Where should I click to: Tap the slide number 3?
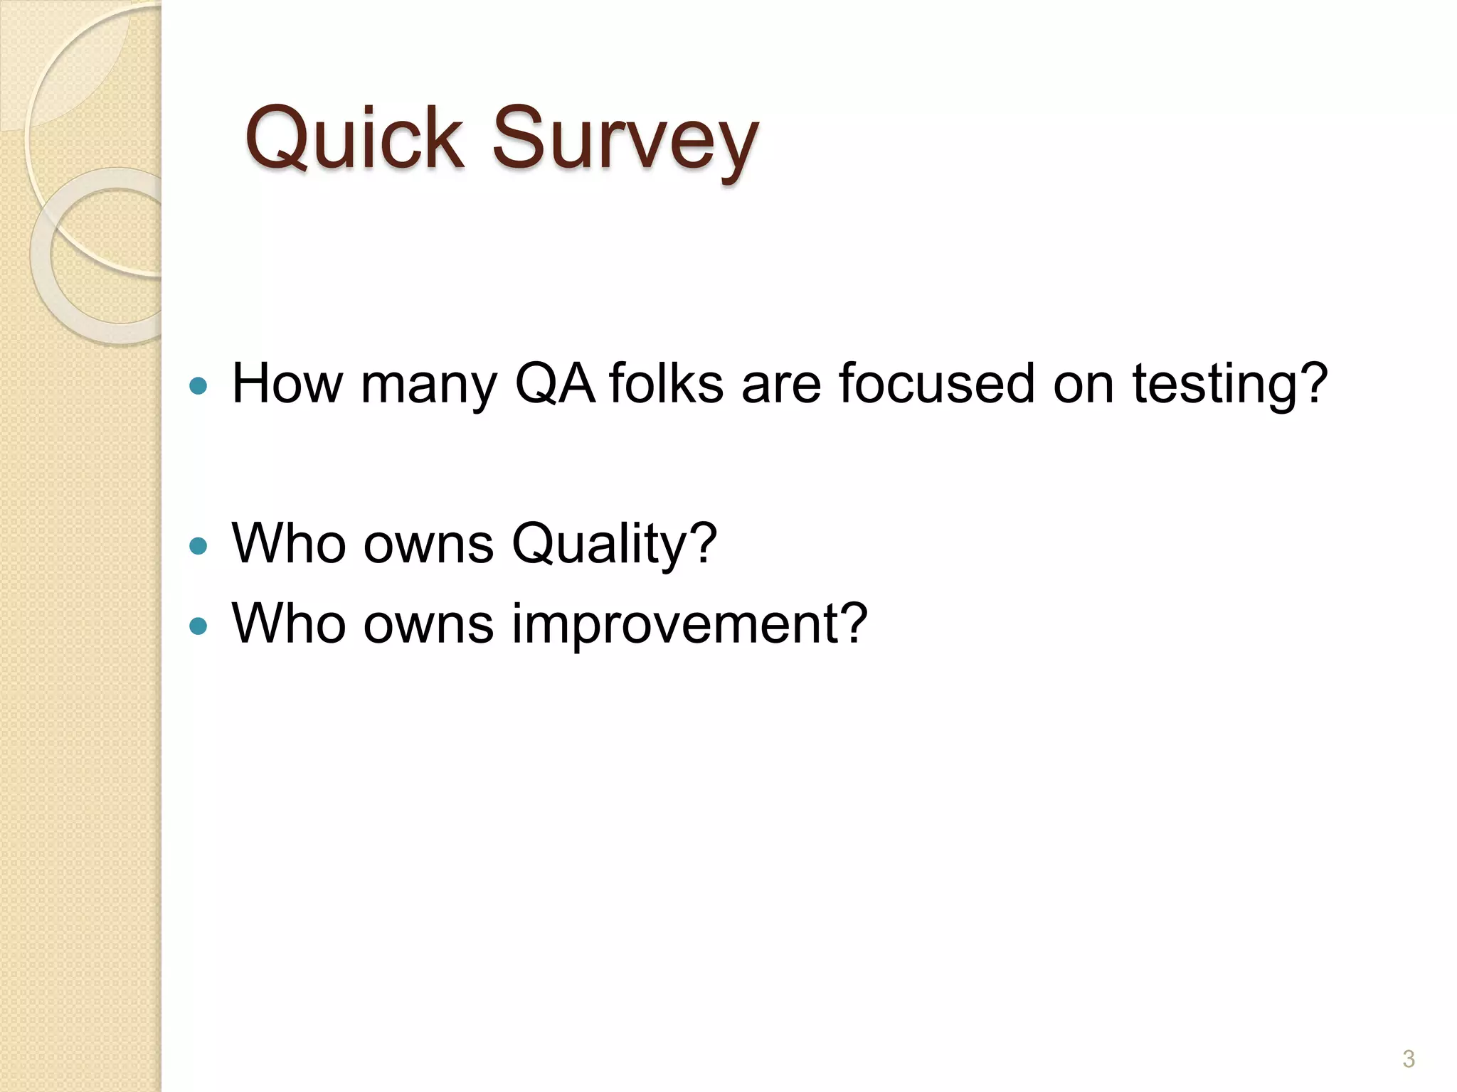pyautogui.click(x=1408, y=1059)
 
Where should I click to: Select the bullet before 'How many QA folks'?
pyautogui.click(x=198, y=387)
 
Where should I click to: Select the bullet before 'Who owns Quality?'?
pyautogui.click(x=198, y=547)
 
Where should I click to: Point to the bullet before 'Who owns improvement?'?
pyautogui.click(x=198, y=626)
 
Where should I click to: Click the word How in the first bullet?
pyautogui.click(x=287, y=384)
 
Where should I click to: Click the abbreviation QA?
pyautogui.click(x=555, y=384)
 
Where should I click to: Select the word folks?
pyautogui.click(x=666, y=384)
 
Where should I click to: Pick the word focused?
pyautogui.click(x=936, y=384)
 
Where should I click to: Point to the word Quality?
pyautogui.click(x=614, y=545)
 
